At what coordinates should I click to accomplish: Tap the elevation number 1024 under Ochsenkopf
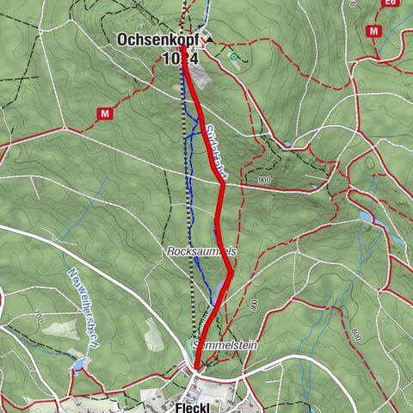[x=180, y=59]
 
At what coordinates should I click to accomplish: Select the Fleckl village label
[x=193, y=406]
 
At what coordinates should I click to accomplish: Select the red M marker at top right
[x=373, y=31]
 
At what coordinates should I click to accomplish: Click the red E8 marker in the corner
[x=391, y=3]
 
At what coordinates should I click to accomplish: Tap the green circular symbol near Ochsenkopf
[x=233, y=57]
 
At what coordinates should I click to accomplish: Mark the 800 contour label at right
[x=354, y=332]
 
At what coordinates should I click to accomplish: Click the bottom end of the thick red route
[x=196, y=368]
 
